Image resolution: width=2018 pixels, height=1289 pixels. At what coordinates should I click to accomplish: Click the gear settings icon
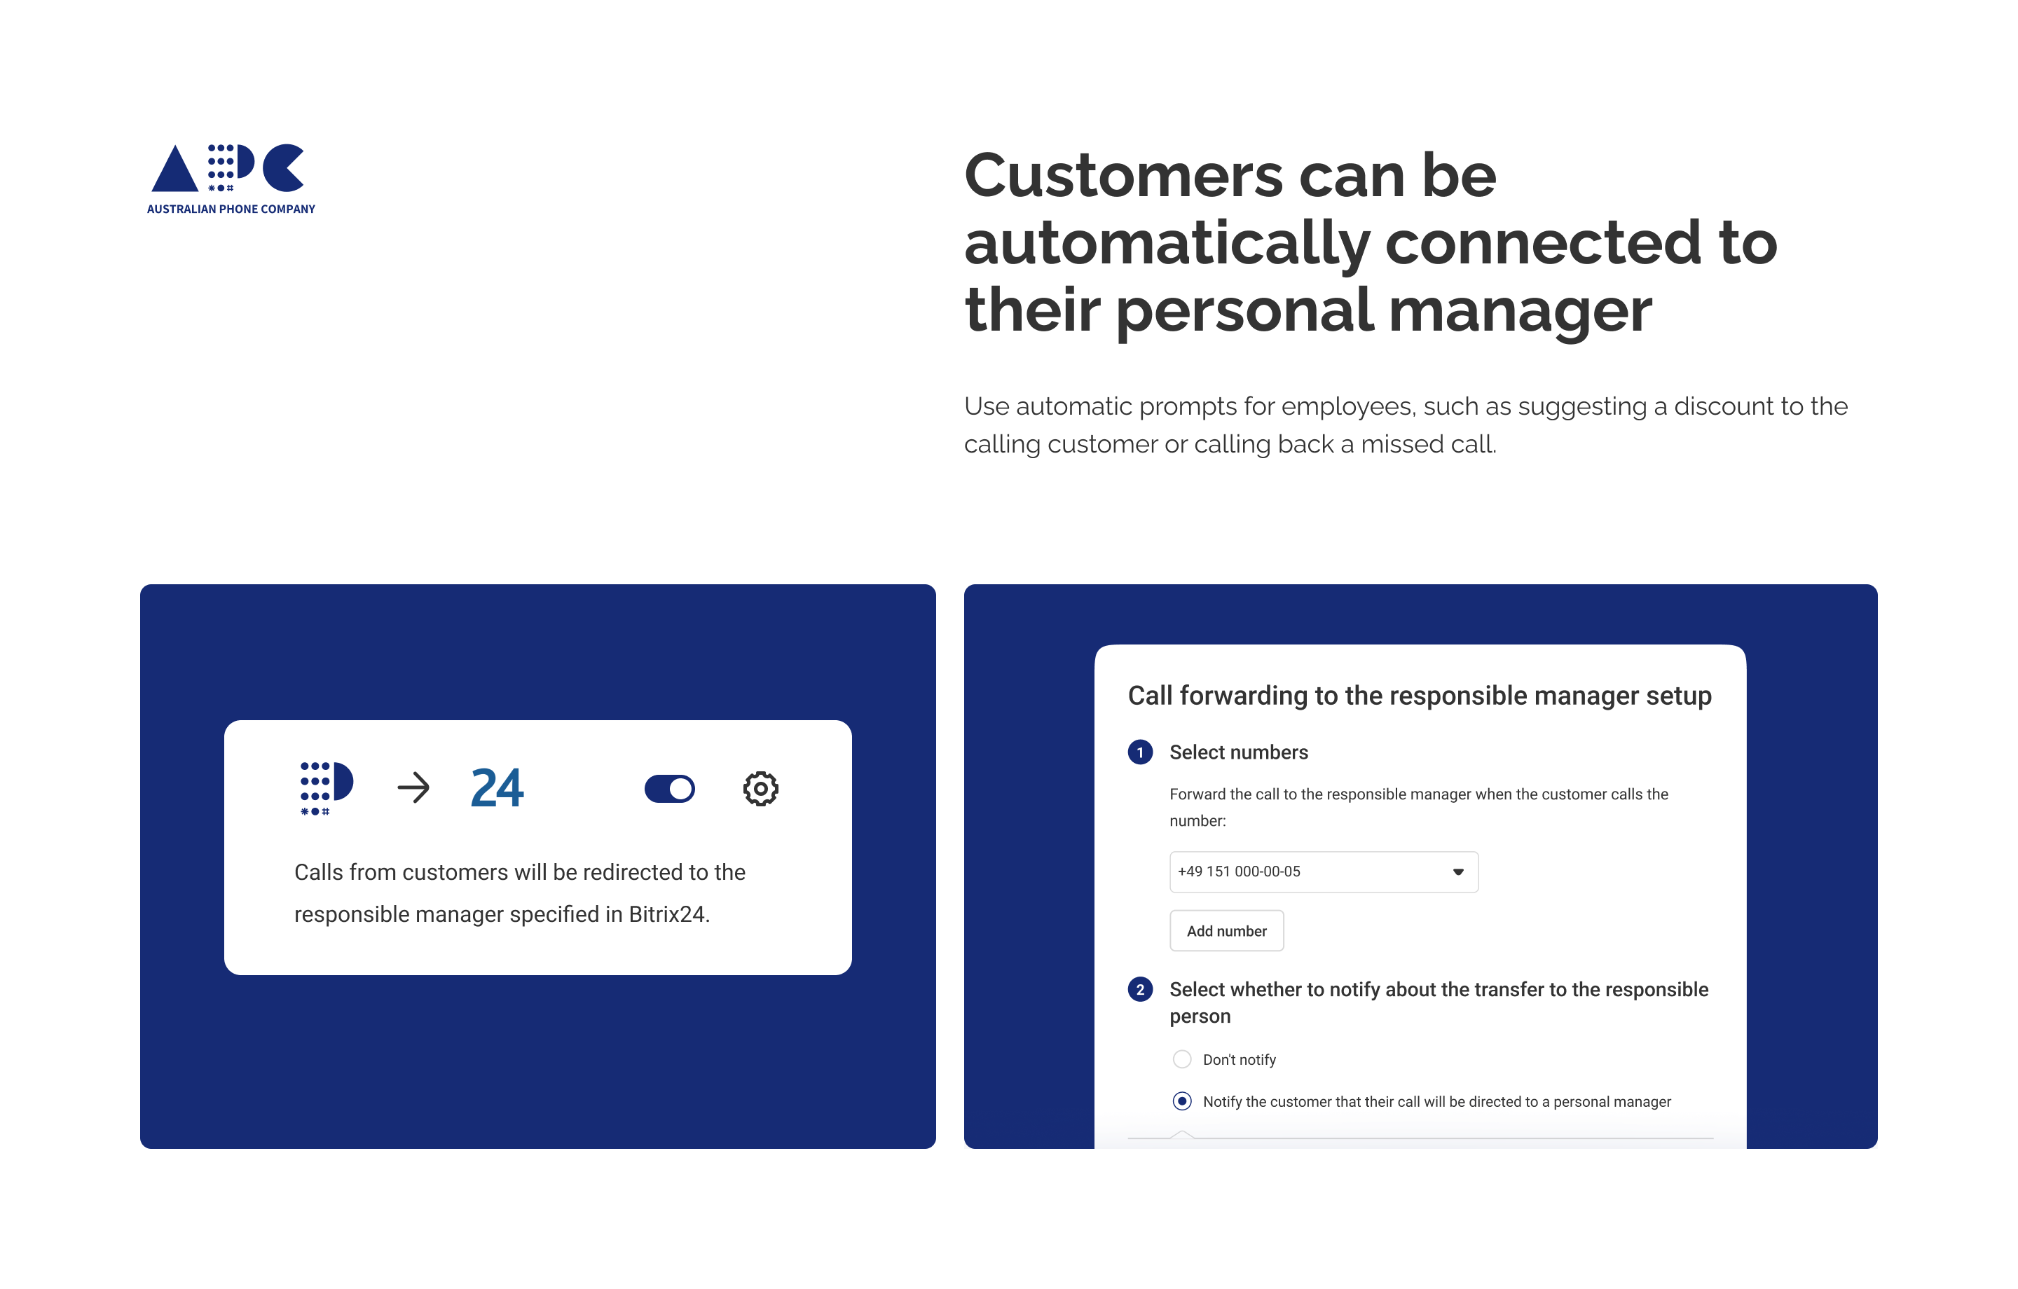click(760, 789)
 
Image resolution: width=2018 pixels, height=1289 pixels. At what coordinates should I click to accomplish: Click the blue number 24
click(497, 788)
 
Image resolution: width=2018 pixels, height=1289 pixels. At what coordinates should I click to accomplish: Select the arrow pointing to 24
click(413, 788)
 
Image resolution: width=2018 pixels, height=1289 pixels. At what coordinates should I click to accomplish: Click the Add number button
click(1226, 930)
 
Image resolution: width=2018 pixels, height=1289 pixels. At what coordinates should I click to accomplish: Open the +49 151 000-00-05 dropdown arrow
click(1457, 871)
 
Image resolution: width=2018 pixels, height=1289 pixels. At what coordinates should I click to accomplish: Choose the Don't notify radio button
click(1181, 1059)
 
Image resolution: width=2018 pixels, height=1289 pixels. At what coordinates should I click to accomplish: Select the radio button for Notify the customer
click(1181, 1101)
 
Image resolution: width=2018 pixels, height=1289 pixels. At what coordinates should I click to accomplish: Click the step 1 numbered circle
click(1140, 752)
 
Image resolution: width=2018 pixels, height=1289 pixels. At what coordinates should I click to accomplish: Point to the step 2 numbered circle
click(1140, 990)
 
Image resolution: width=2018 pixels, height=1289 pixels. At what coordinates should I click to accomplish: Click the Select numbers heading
click(1239, 752)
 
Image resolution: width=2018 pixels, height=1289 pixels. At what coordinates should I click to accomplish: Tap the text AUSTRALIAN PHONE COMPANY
click(231, 209)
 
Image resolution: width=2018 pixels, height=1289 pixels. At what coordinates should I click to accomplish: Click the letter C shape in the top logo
click(283, 167)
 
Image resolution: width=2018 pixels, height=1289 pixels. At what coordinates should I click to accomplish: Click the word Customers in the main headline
click(1124, 176)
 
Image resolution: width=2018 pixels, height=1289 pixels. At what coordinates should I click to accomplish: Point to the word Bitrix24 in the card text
click(668, 914)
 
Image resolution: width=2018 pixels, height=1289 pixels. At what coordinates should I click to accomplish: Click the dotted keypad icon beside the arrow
click(326, 788)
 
